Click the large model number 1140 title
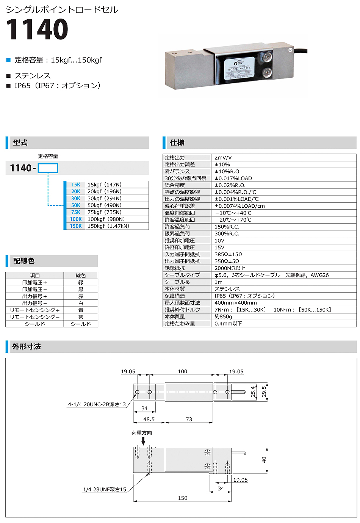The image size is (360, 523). click(37, 30)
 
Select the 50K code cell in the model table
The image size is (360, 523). click(76, 205)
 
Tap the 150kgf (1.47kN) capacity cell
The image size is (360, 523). click(108, 226)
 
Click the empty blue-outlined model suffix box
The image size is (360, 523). click(48, 168)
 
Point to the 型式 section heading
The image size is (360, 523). click(20, 143)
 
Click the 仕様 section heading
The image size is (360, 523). click(177, 143)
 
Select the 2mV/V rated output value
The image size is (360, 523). click(223, 158)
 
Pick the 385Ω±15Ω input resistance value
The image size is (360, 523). click(228, 254)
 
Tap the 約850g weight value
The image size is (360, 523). click(223, 316)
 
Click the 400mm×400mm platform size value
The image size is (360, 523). click(235, 303)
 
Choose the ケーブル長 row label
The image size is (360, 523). click(177, 282)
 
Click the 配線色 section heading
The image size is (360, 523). click(24, 261)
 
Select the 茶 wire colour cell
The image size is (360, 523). click(81, 317)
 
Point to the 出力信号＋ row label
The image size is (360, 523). click(34, 296)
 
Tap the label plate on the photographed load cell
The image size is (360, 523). click(238, 69)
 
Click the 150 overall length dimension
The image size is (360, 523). click(183, 498)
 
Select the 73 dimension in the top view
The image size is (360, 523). click(189, 419)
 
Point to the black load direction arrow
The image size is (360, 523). click(143, 441)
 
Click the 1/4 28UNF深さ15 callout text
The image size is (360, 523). click(105, 490)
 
